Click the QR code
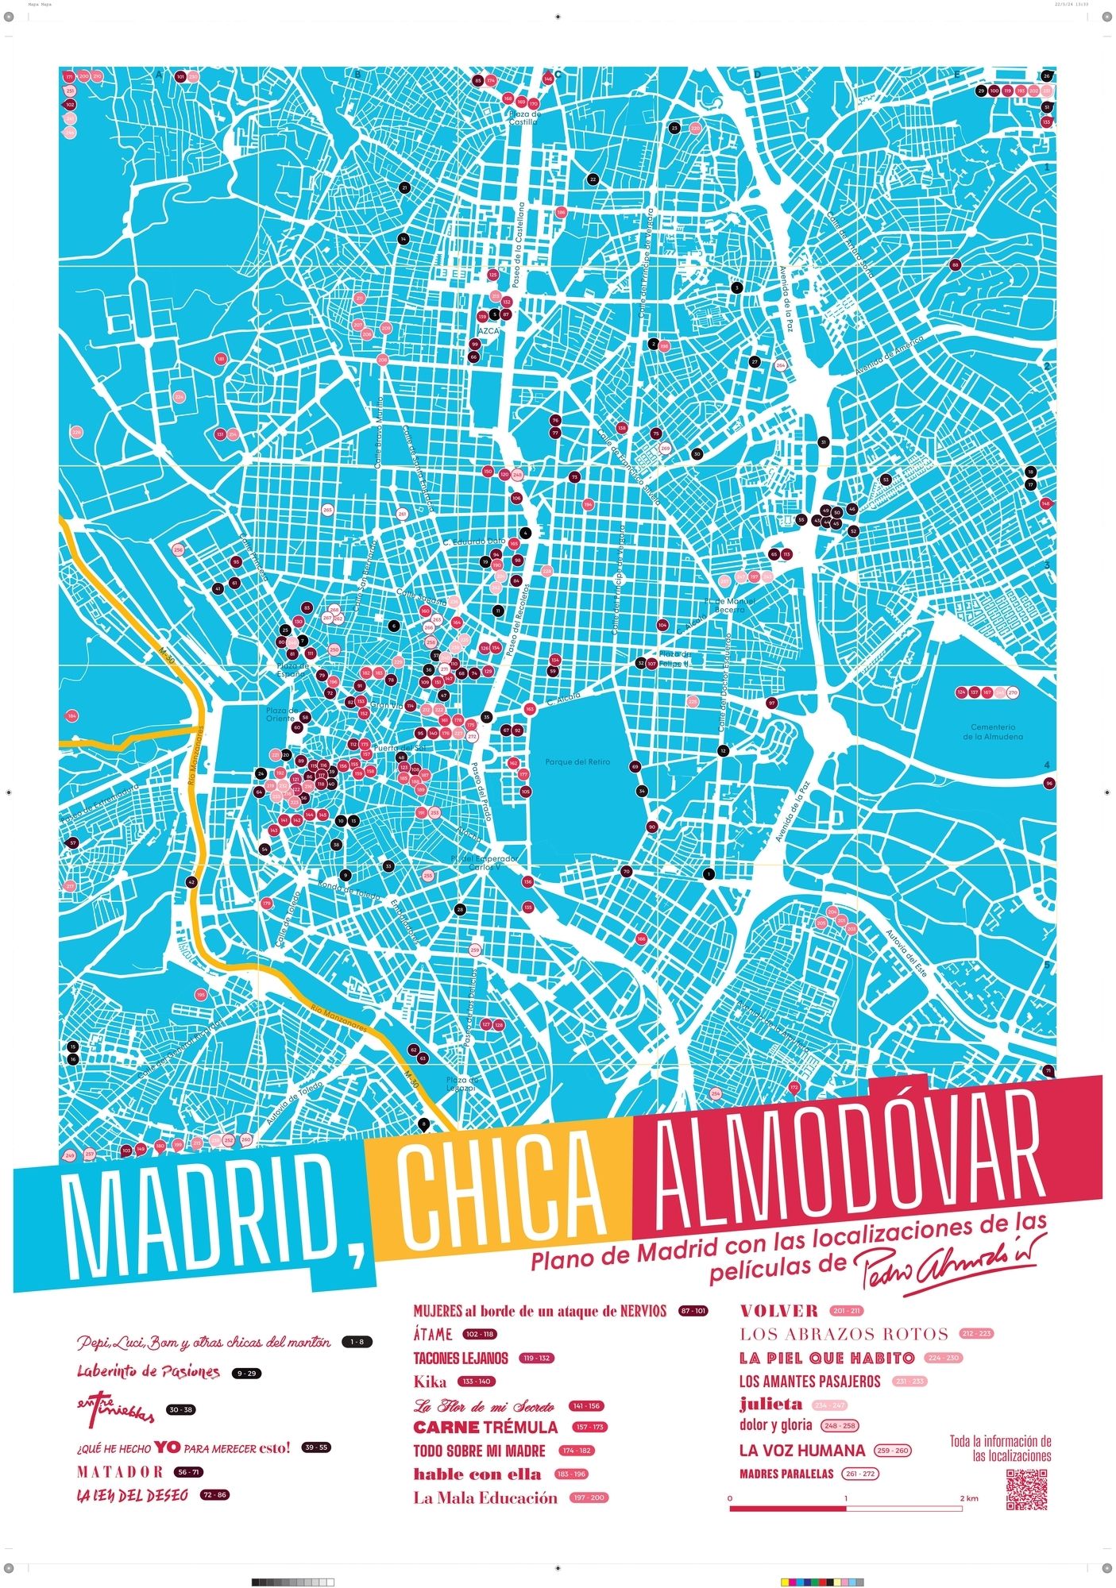point(1027,1490)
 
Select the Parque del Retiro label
point(577,762)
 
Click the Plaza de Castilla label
point(524,118)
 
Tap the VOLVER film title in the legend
point(778,1311)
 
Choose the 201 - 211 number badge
point(847,1311)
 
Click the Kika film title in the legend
point(430,1382)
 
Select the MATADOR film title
point(120,1471)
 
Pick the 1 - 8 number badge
point(357,1342)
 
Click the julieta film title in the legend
point(770,1403)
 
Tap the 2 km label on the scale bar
point(968,1498)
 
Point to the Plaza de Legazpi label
point(461,1084)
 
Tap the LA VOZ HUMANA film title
point(801,1450)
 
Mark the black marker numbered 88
point(955,264)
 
